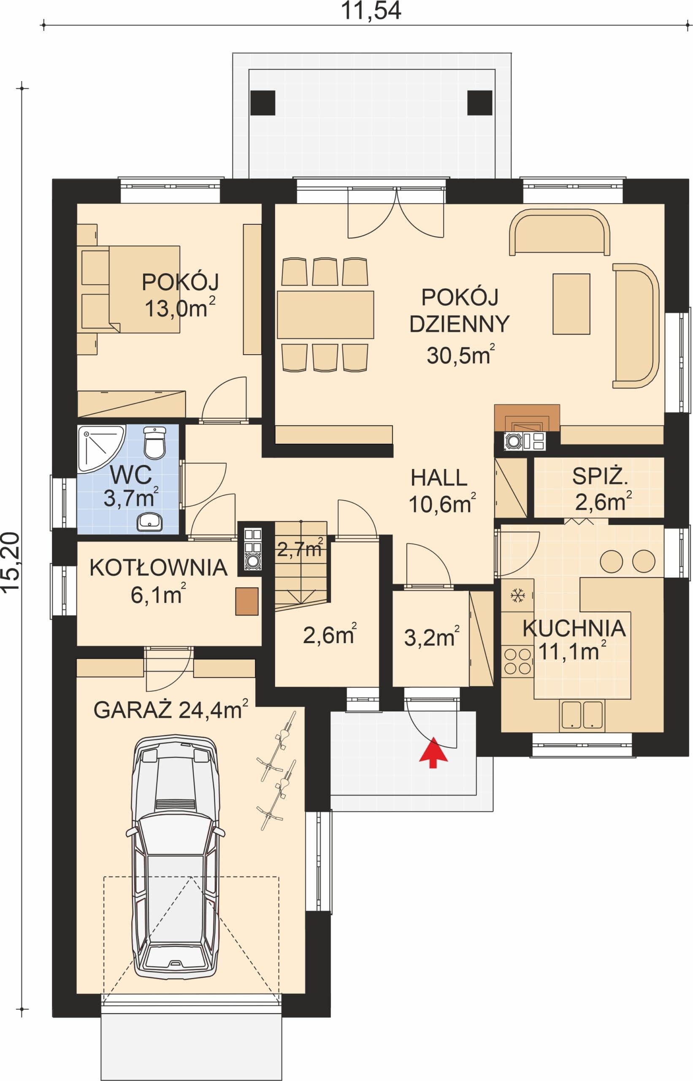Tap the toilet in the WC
155,443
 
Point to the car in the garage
175,858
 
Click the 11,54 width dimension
371,11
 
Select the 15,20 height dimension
11,562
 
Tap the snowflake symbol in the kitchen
517,596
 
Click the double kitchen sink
582,714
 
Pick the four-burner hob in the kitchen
517,661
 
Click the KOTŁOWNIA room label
158,568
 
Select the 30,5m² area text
461,355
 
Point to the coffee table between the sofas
571,304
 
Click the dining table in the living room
325,315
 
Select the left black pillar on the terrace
263,103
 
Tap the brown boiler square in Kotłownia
247,601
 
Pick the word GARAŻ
133,710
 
